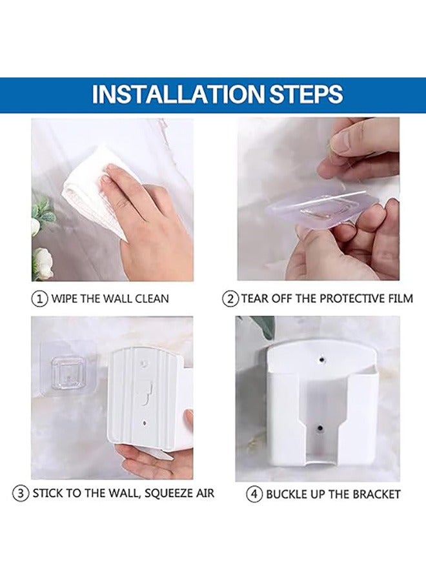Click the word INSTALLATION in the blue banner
pos(177,94)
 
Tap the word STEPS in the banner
pos(305,94)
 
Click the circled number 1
pos(39,298)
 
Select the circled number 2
pos(230,299)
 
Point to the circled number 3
pos(21,494)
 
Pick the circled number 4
pos(254,494)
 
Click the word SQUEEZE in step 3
pos(167,494)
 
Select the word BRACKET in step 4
pos(376,494)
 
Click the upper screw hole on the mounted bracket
pos(321,360)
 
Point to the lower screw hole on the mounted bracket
pos(319,428)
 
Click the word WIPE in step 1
pos(65,299)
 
